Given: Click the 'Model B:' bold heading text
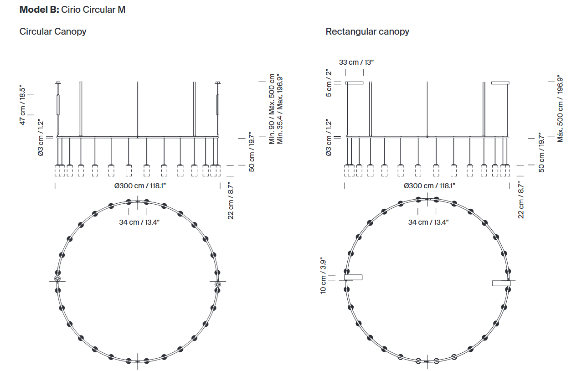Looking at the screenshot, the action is [x=39, y=10].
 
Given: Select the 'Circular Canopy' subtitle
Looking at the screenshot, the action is [x=53, y=32].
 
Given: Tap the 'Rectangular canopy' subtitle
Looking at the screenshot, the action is [x=367, y=32].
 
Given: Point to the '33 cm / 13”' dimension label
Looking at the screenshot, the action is [x=356, y=62].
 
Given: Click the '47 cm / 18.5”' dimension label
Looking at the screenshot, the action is [x=22, y=105].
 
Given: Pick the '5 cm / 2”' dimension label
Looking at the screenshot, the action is [x=329, y=83].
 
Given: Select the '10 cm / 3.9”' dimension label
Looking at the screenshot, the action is [x=323, y=275].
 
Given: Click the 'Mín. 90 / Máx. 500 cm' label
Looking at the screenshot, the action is [x=272, y=109].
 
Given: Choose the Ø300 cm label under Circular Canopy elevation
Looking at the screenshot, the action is [x=140, y=186].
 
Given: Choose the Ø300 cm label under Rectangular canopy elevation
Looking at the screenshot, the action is [x=429, y=186].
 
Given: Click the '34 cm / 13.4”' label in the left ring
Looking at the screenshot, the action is [x=139, y=222].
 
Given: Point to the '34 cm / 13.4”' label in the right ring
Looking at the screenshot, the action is [x=428, y=222].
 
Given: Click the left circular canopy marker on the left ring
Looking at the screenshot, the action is [x=57, y=278].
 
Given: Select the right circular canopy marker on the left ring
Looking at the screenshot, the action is [x=217, y=284].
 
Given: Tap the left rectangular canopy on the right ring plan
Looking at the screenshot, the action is [x=353, y=277].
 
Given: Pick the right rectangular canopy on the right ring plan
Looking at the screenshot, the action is [x=501, y=283].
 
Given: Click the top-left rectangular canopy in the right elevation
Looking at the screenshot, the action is [x=354, y=83].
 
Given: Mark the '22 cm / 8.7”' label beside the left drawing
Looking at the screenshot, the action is [x=230, y=201].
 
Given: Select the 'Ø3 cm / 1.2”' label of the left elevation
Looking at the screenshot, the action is [x=41, y=138].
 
